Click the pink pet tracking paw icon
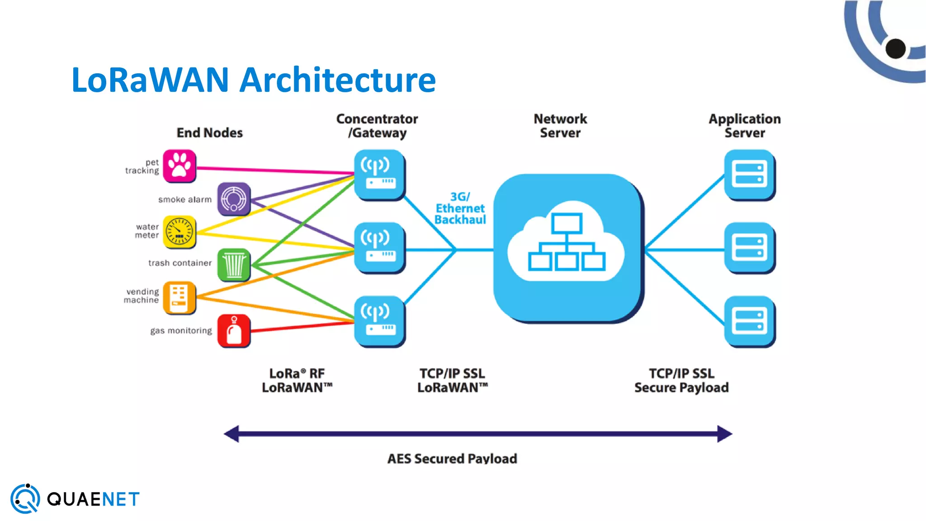pos(180,166)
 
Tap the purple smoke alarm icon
pos(234,199)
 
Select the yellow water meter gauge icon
pos(180,232)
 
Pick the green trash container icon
pos(234,265)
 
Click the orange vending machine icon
pos(180,298)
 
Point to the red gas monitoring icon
pos(234,331)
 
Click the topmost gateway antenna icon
pos(379,175)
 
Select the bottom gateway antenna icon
pos(379,321)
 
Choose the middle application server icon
pos(749,247)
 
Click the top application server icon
pos(749,175)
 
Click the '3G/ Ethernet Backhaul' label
pos(460,208)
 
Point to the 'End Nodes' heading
pos(209,133)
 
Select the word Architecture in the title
pos(337,80)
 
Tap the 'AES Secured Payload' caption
pos(452,459)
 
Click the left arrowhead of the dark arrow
pos(231,434)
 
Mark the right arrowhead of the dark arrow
pos(724,434)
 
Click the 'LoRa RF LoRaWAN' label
pos(297,380)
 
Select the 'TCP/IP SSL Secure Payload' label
pos(681,380)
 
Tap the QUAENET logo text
pos(93,499)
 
